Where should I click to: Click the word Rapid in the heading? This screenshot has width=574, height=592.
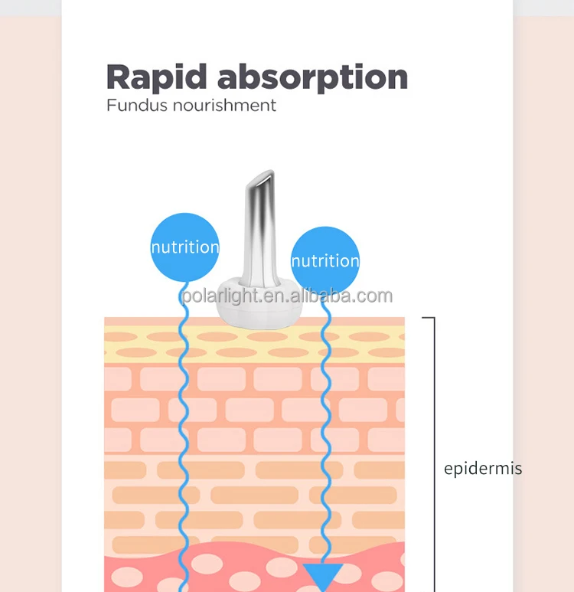(156, 77)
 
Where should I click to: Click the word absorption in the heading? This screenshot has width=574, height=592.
(311, 78)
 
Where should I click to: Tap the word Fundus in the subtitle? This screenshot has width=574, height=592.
(134, 105)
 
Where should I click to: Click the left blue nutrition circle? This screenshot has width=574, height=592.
(184, 247)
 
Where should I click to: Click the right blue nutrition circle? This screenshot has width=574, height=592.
(325, 260)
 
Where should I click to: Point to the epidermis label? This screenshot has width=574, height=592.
(483, 469)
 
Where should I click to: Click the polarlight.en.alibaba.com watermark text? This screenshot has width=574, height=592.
(287, 296)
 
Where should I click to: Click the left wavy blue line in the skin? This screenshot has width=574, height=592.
(184, 429)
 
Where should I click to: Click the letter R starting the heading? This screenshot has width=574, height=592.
(119, 77)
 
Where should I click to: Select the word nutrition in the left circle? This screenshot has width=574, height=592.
(184, 247)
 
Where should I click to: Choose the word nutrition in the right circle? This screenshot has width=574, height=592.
(325, 261)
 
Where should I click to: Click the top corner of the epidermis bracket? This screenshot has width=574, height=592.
(433, 318)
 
